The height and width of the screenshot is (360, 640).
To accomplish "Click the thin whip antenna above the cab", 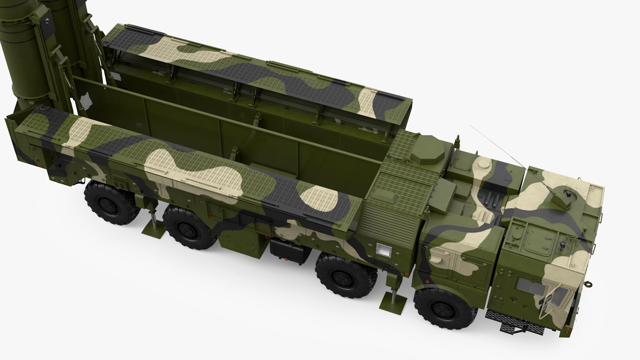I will coord(497,147).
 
